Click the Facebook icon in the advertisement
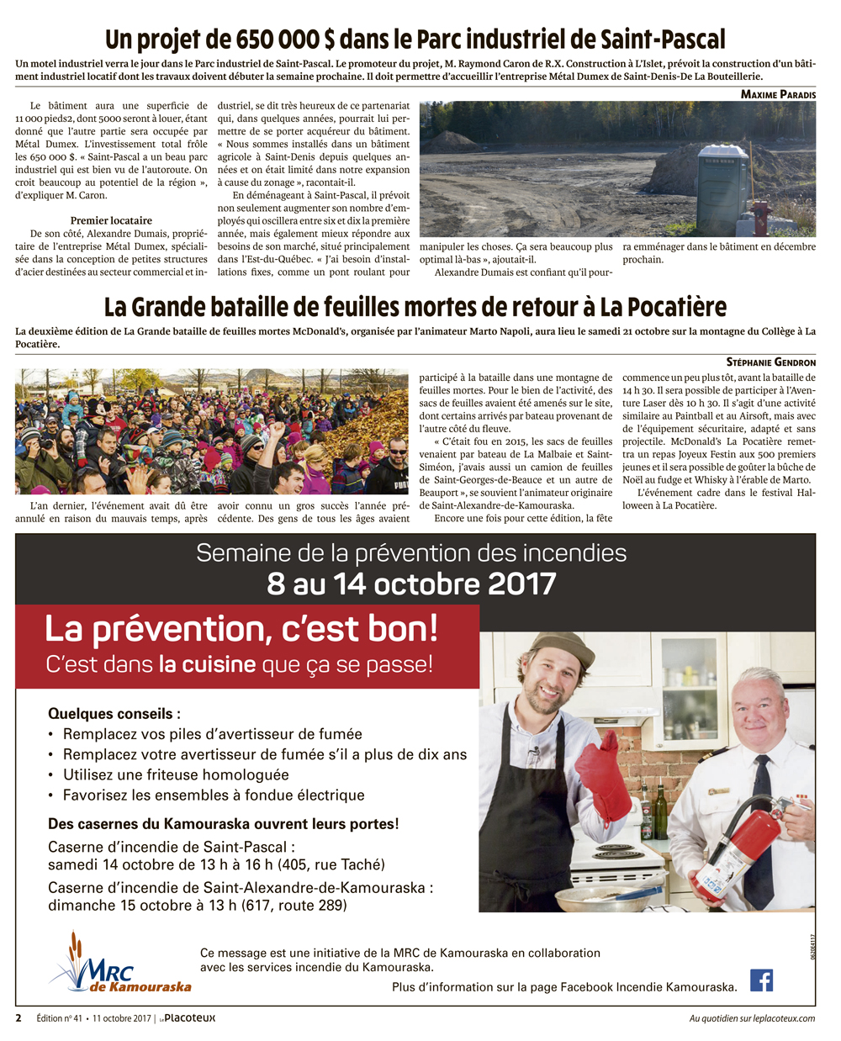point(761,980)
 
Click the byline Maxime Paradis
point(778,94)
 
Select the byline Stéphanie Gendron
point(770,362)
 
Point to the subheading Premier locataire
point(112,220)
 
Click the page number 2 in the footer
point(19,1018)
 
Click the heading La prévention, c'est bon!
point(241,629)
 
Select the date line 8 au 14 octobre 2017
point(411,584)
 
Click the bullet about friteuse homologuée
point(176,774)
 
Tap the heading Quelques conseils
point(114,714)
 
